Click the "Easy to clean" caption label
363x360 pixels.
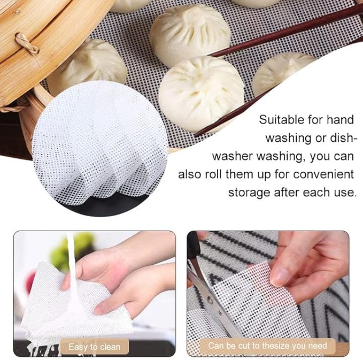(x=94, y=347)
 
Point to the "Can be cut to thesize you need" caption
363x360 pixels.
(x=267, y=346)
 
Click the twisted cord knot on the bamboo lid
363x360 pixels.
(x=27, y=43)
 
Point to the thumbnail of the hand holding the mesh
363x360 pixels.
(x=280, y=275)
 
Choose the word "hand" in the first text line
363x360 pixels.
(x=341, y=120)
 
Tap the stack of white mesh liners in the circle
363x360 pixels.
(x=99, y=148)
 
